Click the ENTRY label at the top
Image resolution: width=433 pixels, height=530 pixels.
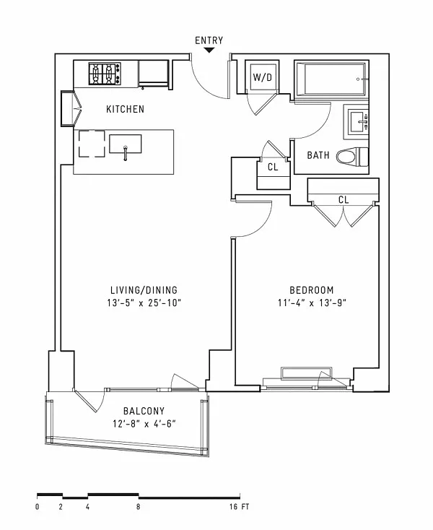[x=209, y=40]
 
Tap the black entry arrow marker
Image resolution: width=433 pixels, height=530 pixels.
[x=209, y=51]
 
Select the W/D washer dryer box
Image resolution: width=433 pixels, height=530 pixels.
[x=261, y=77]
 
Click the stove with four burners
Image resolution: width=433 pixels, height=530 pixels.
[x=104, y=74]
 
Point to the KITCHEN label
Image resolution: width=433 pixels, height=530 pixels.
[x=125, y=110]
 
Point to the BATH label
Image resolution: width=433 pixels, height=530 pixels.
[x=318, y=155]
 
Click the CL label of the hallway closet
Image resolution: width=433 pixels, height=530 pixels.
[x=273, y=168]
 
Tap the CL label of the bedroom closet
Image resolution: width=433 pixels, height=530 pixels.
[x=344, y=200]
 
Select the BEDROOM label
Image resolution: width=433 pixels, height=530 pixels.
[x=312, y=290]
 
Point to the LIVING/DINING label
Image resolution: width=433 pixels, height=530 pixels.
[x=139, y=290]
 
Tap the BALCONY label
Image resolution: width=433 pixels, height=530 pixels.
[x=144, y=412]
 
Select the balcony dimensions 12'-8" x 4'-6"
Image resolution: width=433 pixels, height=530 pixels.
[x=144, y=424]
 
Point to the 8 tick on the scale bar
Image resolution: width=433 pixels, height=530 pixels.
[x=138, y=507]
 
